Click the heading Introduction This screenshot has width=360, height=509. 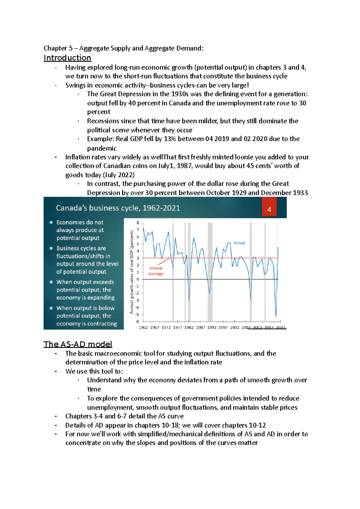point(67,58)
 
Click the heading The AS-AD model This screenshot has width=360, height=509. point(78,344)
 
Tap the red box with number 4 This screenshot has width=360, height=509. point(269,209)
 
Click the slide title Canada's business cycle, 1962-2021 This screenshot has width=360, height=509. point(118,208)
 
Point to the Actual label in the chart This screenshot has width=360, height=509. point(239,243)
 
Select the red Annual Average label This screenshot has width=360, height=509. point(156,271)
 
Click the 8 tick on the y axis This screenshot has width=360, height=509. point(138,223)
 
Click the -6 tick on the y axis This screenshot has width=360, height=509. point(137,321)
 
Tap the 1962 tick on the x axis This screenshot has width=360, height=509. point(143,327)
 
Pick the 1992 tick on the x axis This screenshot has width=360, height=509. point(212,327)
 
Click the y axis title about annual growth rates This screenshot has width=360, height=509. point(131,272)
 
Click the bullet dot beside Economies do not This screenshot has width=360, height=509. point(51,222)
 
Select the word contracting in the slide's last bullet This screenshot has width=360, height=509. point(102,324)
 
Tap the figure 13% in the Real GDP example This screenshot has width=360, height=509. point(170,139)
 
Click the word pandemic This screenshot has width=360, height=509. point(102,148)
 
